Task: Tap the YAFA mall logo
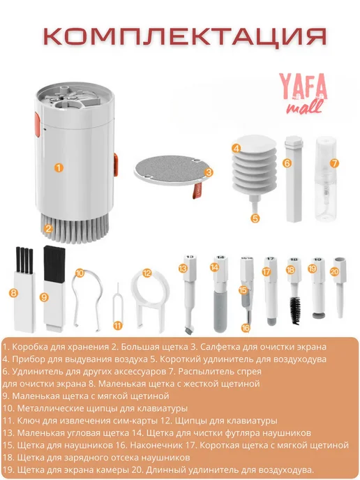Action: coord(303,94)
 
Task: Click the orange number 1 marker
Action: coord(59,167)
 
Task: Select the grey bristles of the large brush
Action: coord(75,227)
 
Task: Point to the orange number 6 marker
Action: coord(287,163)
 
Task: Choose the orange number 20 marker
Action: coord(335,271)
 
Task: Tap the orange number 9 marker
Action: coord(45,297)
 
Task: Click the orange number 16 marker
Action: coord(246,328)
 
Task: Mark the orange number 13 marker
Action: coord(183,269)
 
